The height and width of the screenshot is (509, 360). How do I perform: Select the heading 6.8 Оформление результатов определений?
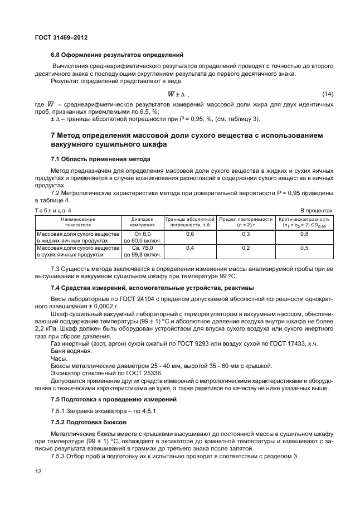coord(116,55)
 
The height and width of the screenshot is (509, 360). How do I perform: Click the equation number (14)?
coord(327,93)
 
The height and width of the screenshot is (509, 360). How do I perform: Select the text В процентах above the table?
coord(317,210)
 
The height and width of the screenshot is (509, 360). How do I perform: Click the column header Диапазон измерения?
coord(142,222)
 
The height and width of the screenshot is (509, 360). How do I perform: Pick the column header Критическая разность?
coord(305,222)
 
